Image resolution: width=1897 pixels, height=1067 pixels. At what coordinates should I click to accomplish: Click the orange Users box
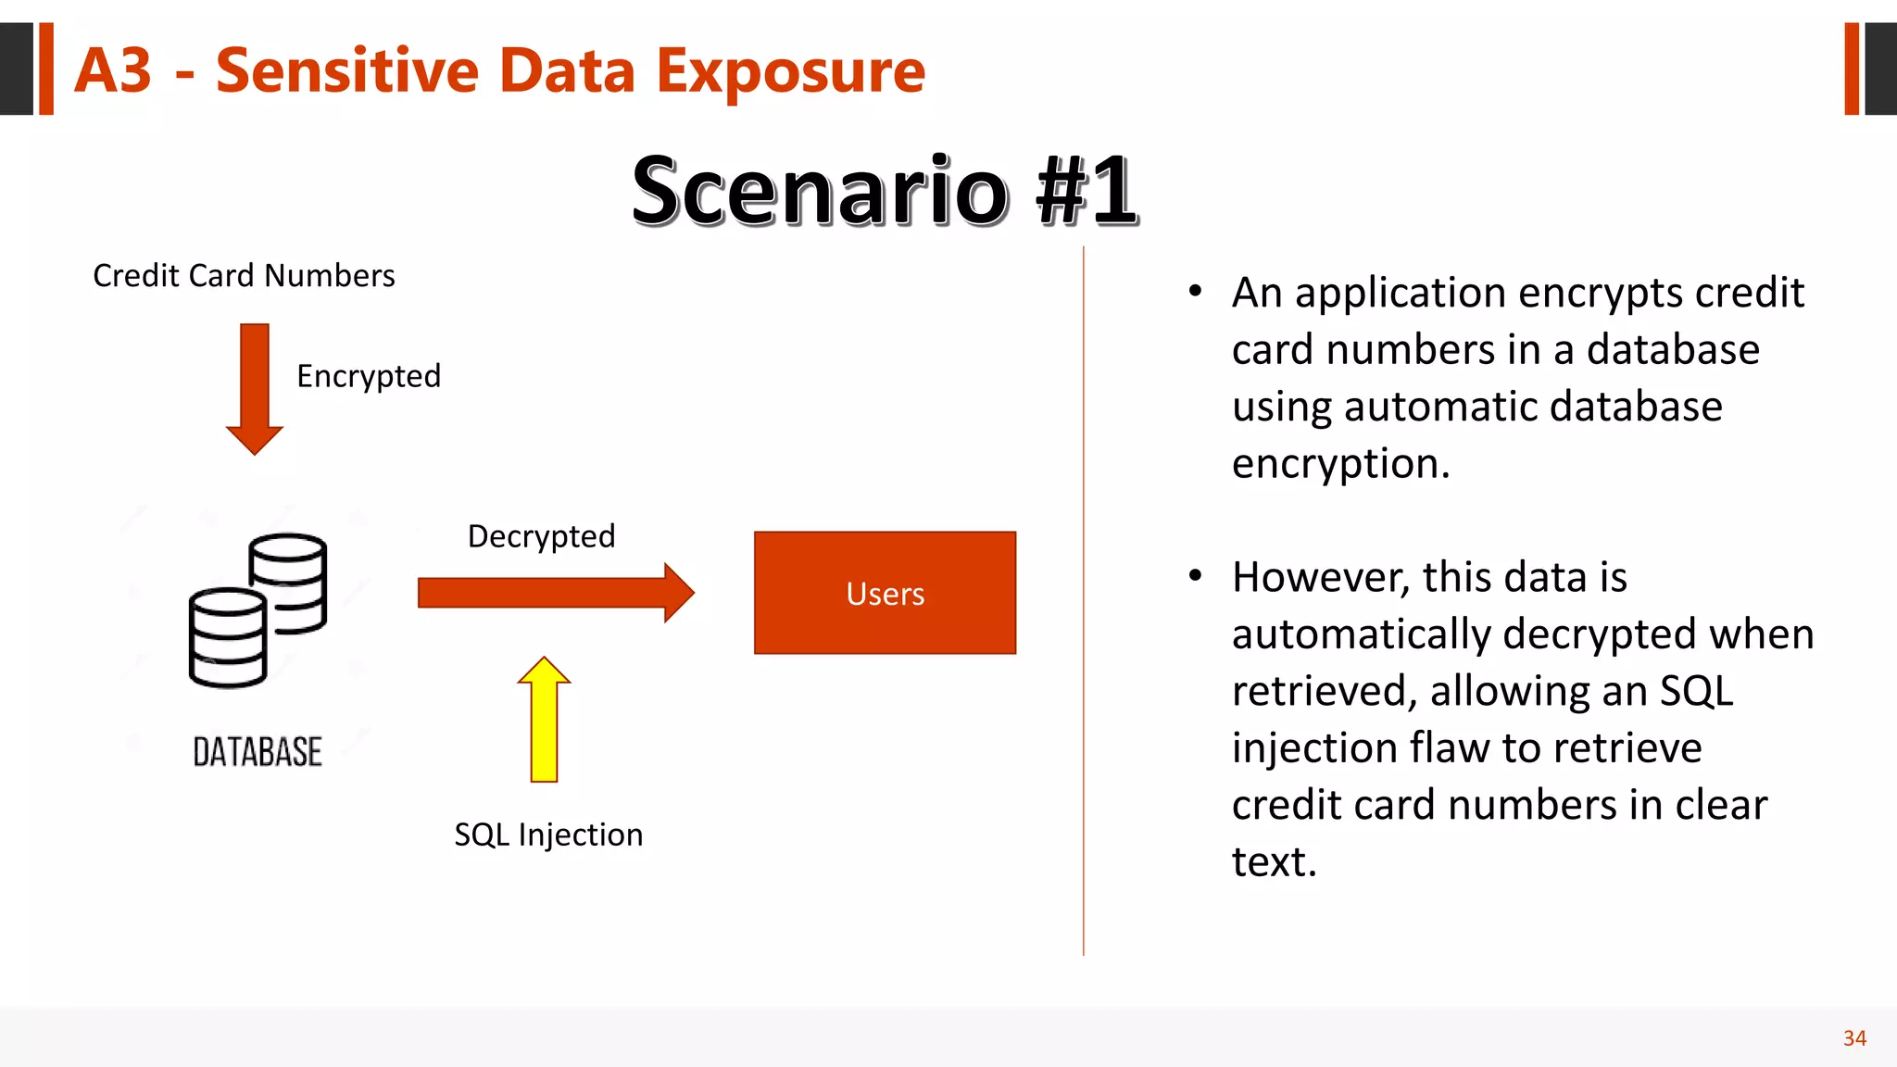(885, 593)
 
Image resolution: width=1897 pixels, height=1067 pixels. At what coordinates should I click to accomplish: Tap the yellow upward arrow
(544, 722)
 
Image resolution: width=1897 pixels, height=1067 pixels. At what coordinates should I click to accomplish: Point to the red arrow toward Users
(556, 593)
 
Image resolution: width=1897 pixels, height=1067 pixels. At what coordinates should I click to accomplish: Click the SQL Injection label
(548, 835)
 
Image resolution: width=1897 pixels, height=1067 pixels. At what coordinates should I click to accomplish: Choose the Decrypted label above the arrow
(541, 536)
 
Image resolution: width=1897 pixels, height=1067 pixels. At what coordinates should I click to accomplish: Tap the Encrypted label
(369, 376)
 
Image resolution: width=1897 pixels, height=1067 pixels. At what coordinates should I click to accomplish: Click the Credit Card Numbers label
(244, 276)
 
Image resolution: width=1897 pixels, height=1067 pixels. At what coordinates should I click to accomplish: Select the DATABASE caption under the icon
(258, 752)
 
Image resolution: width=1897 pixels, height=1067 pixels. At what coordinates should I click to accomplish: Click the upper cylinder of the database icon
(289, 574)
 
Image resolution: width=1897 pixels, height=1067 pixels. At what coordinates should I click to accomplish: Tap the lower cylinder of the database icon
(227, 639)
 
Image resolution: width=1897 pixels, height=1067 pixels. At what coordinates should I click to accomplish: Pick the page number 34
(1854, 1038)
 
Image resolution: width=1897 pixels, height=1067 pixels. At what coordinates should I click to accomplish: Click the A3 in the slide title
(113, 70)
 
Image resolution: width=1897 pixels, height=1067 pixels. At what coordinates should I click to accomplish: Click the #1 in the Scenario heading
(1087, 191)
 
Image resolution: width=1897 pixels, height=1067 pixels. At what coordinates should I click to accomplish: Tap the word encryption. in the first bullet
(1340, 463)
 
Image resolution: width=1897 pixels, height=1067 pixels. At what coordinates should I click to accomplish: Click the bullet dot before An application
(1195, 292)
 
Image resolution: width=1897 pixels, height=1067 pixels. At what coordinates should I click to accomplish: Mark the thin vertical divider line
(1083, 602)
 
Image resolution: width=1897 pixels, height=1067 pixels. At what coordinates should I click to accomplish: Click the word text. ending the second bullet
(1274, 862)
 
